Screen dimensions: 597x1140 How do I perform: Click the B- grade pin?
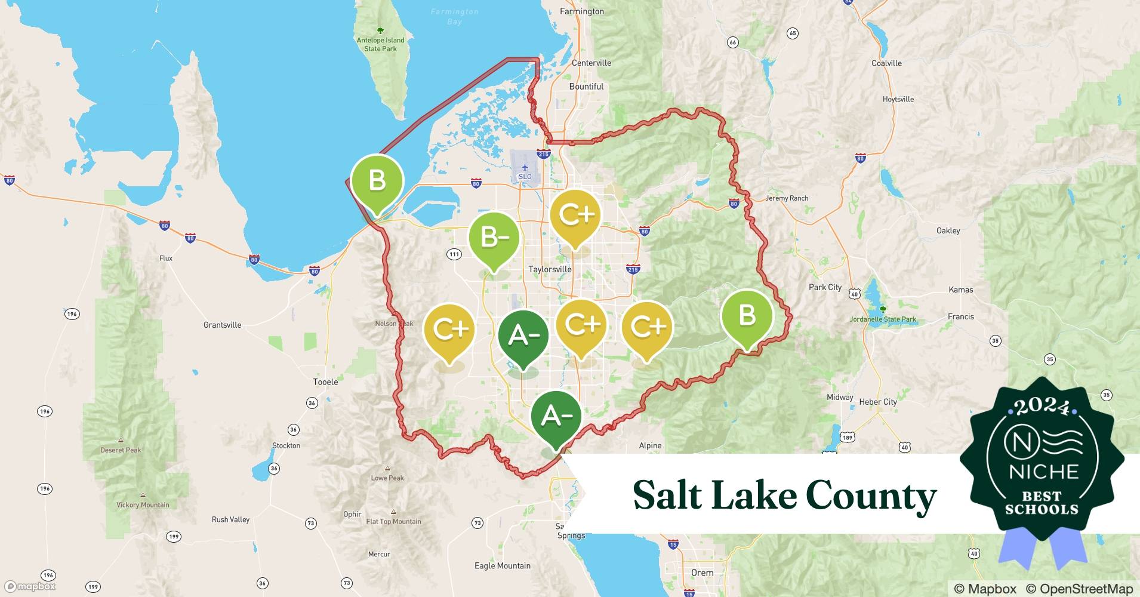494,239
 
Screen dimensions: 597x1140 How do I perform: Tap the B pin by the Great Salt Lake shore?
377,180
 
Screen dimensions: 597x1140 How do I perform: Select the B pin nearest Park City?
747,315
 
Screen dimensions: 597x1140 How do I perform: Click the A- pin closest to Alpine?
556,417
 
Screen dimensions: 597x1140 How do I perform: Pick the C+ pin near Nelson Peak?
449,330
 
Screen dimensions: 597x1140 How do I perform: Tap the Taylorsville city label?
550,269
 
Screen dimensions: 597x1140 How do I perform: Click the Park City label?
825,287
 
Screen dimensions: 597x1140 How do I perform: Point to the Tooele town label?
325,381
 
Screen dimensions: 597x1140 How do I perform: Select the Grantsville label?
222,325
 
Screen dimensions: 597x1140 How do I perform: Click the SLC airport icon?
524,168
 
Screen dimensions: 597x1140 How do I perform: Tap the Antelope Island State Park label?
380,44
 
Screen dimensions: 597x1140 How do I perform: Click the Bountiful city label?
586,87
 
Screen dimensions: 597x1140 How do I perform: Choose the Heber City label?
877,402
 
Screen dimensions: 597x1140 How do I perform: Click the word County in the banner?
870,496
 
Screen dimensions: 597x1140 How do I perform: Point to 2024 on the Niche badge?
1042,407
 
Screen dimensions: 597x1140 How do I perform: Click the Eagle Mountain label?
502,565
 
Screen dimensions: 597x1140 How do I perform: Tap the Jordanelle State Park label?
883,319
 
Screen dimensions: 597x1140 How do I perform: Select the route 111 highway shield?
454,254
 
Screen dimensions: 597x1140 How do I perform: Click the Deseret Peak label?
121,450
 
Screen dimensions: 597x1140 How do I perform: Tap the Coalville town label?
886,63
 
